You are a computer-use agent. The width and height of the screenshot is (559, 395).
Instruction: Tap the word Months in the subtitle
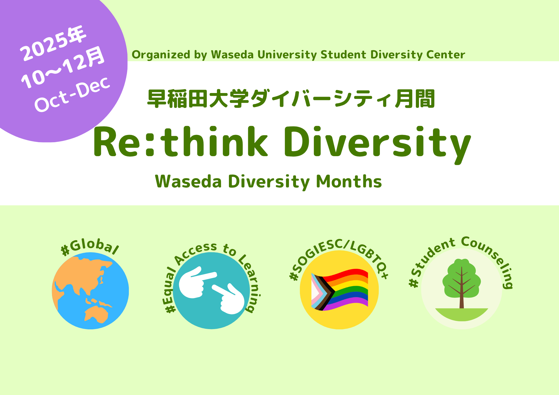[x=349, y=182]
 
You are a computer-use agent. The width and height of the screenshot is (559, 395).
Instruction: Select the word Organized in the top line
[x=161, y=55]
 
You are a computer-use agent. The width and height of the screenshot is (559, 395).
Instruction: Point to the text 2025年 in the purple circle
[x=53, y=43]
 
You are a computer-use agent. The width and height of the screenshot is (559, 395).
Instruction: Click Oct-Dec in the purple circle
[x=72, y=94]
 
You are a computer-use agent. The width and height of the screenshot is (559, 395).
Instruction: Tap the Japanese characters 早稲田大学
[x=198, y=99]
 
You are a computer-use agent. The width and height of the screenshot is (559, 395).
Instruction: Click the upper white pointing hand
[x=196, y=282]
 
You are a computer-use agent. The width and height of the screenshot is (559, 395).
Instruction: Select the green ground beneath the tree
[x=461, y=314]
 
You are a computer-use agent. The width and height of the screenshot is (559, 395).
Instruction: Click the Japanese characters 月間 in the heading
[x=415, y=99]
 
